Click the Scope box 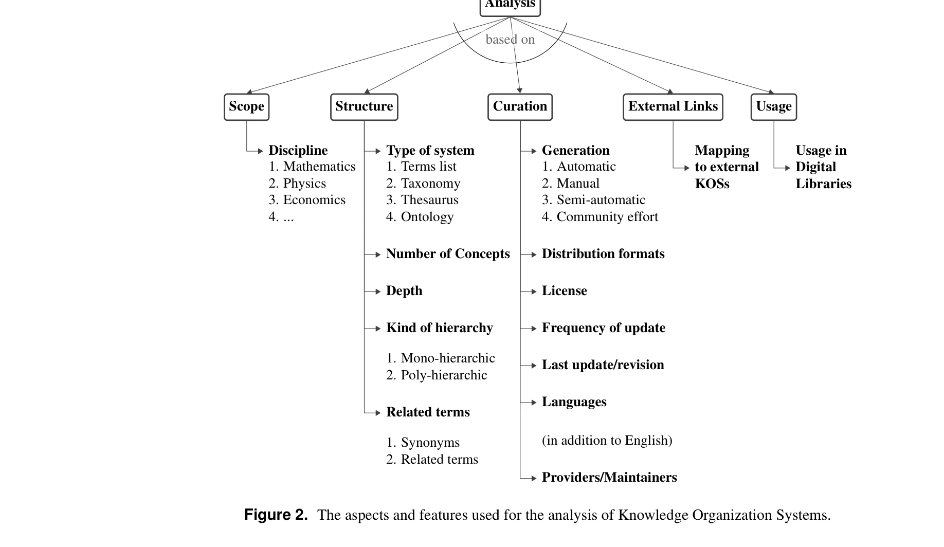coord(246,106)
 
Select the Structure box coord(364,106)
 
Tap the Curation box coord(520,106)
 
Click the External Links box coord(673,106)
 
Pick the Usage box coord(773,106)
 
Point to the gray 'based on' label coord(510,40)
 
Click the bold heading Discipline coord(298,150)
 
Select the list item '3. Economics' coord(307,200)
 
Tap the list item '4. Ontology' coord(420,216)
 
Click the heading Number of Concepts coord(448,254)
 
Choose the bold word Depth coord(404,291)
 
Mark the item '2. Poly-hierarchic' coord(437,375)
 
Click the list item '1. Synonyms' coord(423,443)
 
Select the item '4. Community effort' coord(600,216)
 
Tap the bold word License coord(564,291)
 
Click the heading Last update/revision coord(603,365)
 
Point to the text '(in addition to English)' coord(607,441)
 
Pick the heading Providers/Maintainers coord(609,478)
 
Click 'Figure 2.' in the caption coord(276,515)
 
